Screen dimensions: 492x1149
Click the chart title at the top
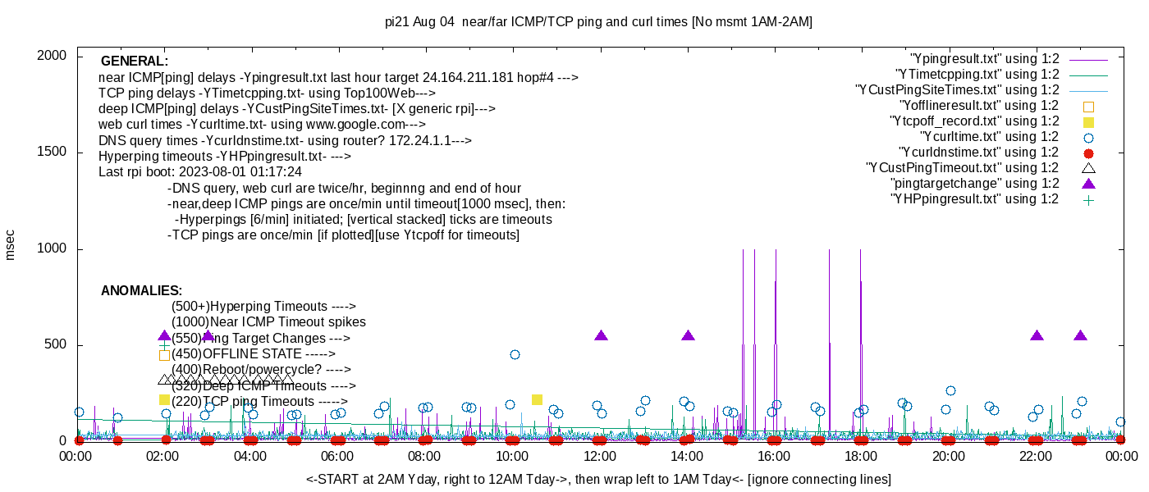click(598, 22)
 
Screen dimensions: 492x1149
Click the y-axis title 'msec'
click(11, 244)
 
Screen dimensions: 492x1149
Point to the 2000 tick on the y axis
click(56, 56)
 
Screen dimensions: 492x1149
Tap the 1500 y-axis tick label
click(56, 153)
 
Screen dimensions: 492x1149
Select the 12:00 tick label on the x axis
click(600, 456)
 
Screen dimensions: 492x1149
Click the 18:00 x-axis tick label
click(861, 456)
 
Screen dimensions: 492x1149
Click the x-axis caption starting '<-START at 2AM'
click(598, 479)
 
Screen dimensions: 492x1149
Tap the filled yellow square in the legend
click(1089, 121)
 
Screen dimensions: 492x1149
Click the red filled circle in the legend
click(1089, 153)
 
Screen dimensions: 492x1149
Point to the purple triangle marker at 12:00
click(601, 335)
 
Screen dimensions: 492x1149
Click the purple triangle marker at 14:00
click(688, 335)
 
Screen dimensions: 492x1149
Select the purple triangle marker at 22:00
click(1037, 335)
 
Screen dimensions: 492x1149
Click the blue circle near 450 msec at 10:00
click(515, 354)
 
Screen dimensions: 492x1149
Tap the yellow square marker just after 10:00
click(537, 399)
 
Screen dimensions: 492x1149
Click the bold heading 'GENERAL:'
click(135, 61)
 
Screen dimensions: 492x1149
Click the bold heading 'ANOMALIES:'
click(141, 291)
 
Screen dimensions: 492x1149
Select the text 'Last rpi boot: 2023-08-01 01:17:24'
click(200, 172)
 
